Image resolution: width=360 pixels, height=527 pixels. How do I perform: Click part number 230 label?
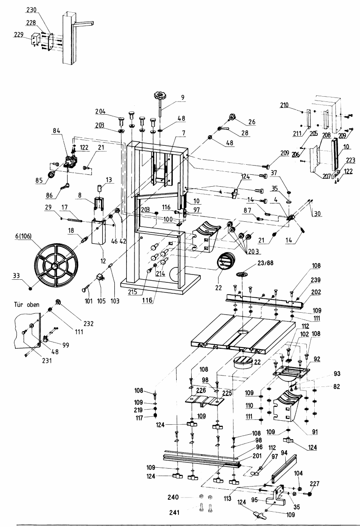[x=31, y=10]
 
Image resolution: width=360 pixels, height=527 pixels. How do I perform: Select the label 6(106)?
[x=23, y=236]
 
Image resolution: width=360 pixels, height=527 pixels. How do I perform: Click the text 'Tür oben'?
[x=27, y=304]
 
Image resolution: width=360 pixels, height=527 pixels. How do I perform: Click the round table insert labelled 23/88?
[x=242, y=274]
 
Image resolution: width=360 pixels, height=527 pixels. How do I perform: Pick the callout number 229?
[x=19, y=35]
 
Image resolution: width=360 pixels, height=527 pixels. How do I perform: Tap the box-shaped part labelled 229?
[x=36, y=38]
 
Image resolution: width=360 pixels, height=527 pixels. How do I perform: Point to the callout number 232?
[x=88, y=324]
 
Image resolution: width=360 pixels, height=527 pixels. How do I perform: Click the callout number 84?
[x=57, y=131]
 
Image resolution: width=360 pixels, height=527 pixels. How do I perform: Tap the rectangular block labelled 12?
[x=98, y=232]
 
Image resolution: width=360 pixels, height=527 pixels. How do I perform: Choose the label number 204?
[x=100, y=112]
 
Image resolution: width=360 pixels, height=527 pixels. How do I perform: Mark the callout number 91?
[x=315, y=432]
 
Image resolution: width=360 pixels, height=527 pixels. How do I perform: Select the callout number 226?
[x=201, y=390]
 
